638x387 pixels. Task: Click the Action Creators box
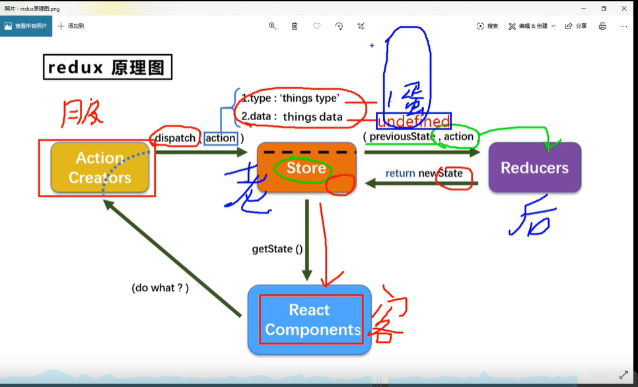click(x=99, y=168)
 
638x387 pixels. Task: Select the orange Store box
click(x=306, y=168)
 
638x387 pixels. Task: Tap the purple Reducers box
click(x=534, y=168)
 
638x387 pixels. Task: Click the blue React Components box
click(x=309, y=320)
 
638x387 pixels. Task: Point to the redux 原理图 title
click(x=108, y=67)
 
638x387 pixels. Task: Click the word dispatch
click(x=176, y=138)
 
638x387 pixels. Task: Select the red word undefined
click(x=413, y=121)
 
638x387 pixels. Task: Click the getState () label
click(x=277, y=249)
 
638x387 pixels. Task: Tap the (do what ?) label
click(x=160, y=288)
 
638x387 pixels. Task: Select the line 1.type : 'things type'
click(x=291, y=98)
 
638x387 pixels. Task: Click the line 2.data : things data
click(x=292, y=117)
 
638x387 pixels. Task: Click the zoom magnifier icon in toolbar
click(x=272, y=26)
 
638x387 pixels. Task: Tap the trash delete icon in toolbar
click(x=295, y=26)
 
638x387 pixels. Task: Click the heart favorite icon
click(x=317, y=26)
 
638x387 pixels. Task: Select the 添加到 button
click(x=71, y=26)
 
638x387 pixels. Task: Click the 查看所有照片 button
click(x=26, y=26)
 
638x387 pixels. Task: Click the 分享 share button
click(x=576, y=26)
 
